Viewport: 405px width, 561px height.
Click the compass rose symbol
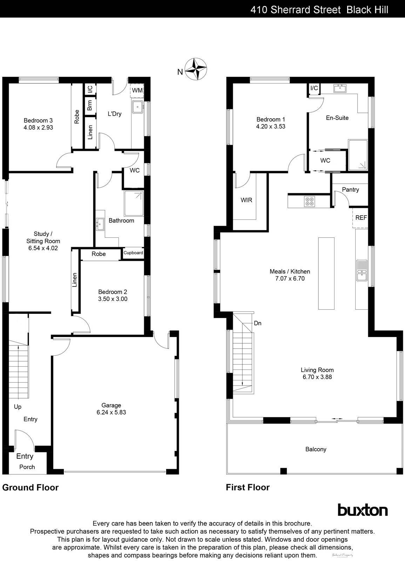coord(196,69)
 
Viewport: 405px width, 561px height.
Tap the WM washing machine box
coord(137,90)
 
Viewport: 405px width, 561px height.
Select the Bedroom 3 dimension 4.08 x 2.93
coord(39,128)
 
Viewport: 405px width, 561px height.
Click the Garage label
coord(111,405)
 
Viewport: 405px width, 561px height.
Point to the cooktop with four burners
coord(310,201)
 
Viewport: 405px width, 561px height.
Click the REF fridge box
coord(361,218)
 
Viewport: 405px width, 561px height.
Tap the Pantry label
coord(350,190)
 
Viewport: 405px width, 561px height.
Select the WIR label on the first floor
coord(246,200)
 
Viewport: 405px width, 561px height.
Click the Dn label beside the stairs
coord(258,323)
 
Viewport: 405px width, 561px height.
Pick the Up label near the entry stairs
coord(18,407)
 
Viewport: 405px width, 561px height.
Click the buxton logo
coord(363,510)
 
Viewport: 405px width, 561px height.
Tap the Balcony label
coord(316,449)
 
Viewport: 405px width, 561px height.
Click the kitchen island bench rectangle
coord(326,273)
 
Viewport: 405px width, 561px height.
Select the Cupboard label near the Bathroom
coord(133,253)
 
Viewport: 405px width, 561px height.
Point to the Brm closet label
coord(90,105)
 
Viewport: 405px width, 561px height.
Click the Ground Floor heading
coord(31,487)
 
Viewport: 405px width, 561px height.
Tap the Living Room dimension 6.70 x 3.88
coord(317,377)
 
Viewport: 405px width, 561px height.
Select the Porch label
coord(27,467)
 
